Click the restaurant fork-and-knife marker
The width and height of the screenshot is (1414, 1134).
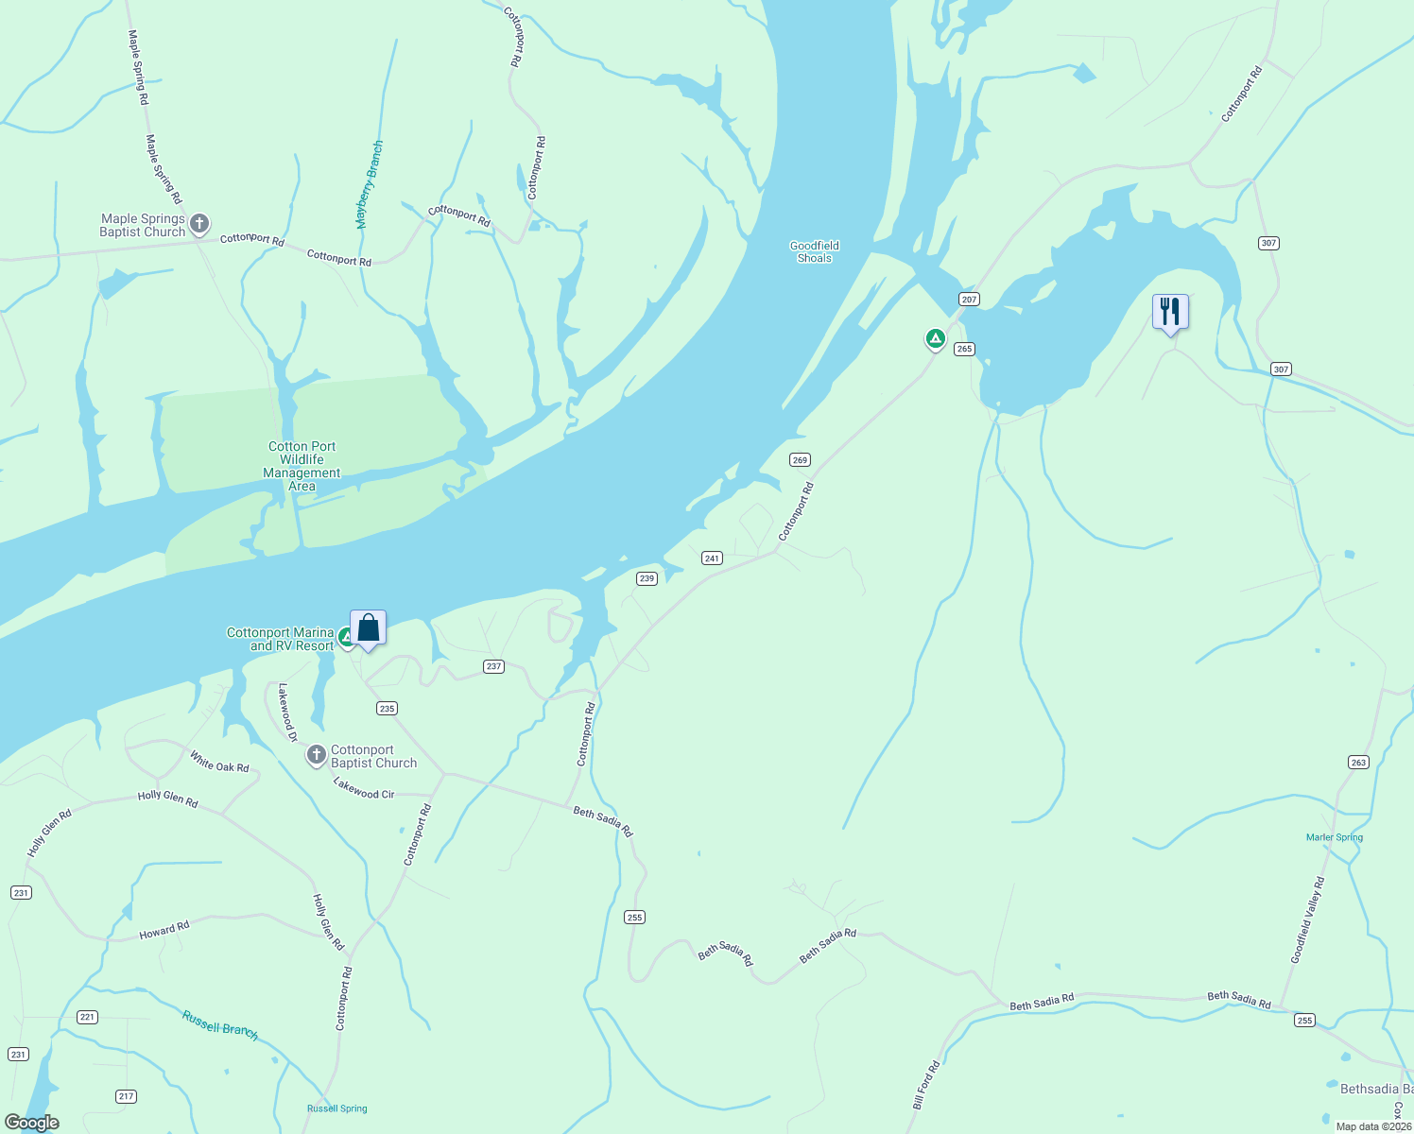(x=1170, y=311)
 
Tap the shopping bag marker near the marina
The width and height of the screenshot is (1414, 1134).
(x=368, y=627)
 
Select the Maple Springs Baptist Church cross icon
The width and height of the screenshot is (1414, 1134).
(x=199, y=224)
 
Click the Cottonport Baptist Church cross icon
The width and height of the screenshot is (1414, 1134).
(x=317, y=756)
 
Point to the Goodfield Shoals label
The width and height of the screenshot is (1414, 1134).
(x=814, y=251)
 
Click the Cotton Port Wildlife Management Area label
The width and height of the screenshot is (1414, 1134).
(x=302, y=466)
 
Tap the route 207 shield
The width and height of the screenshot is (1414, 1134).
(x=969, y=299)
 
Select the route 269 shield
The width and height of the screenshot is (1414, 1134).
(x=800, y=460)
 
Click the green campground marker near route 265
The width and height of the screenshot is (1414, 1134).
(x=935, y=338)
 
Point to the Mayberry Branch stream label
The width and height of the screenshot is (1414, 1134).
(x=370, y=184)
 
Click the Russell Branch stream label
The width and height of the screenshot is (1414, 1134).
(x=220, y=1025)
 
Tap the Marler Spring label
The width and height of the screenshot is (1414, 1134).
(x=1334, y=837)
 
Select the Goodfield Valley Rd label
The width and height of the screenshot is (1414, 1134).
(x=1308, y=919)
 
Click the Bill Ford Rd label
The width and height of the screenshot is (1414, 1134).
(x=926, y=1084)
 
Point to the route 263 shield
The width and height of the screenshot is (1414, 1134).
(x=1358, y=762)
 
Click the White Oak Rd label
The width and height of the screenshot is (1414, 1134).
(x=219, y=762)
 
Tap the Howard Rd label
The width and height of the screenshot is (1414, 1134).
(x=164, y=931)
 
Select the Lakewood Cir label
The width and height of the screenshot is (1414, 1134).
(x=364, y=788)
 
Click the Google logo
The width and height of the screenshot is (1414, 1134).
(x=32, y=1123)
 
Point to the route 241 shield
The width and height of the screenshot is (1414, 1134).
(x=712, y=558)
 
